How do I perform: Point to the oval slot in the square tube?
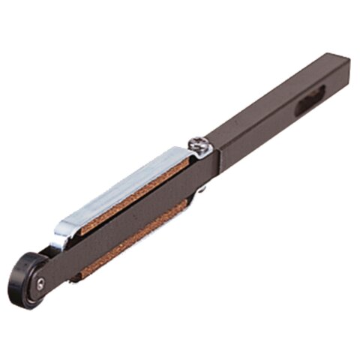pos(310,100)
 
